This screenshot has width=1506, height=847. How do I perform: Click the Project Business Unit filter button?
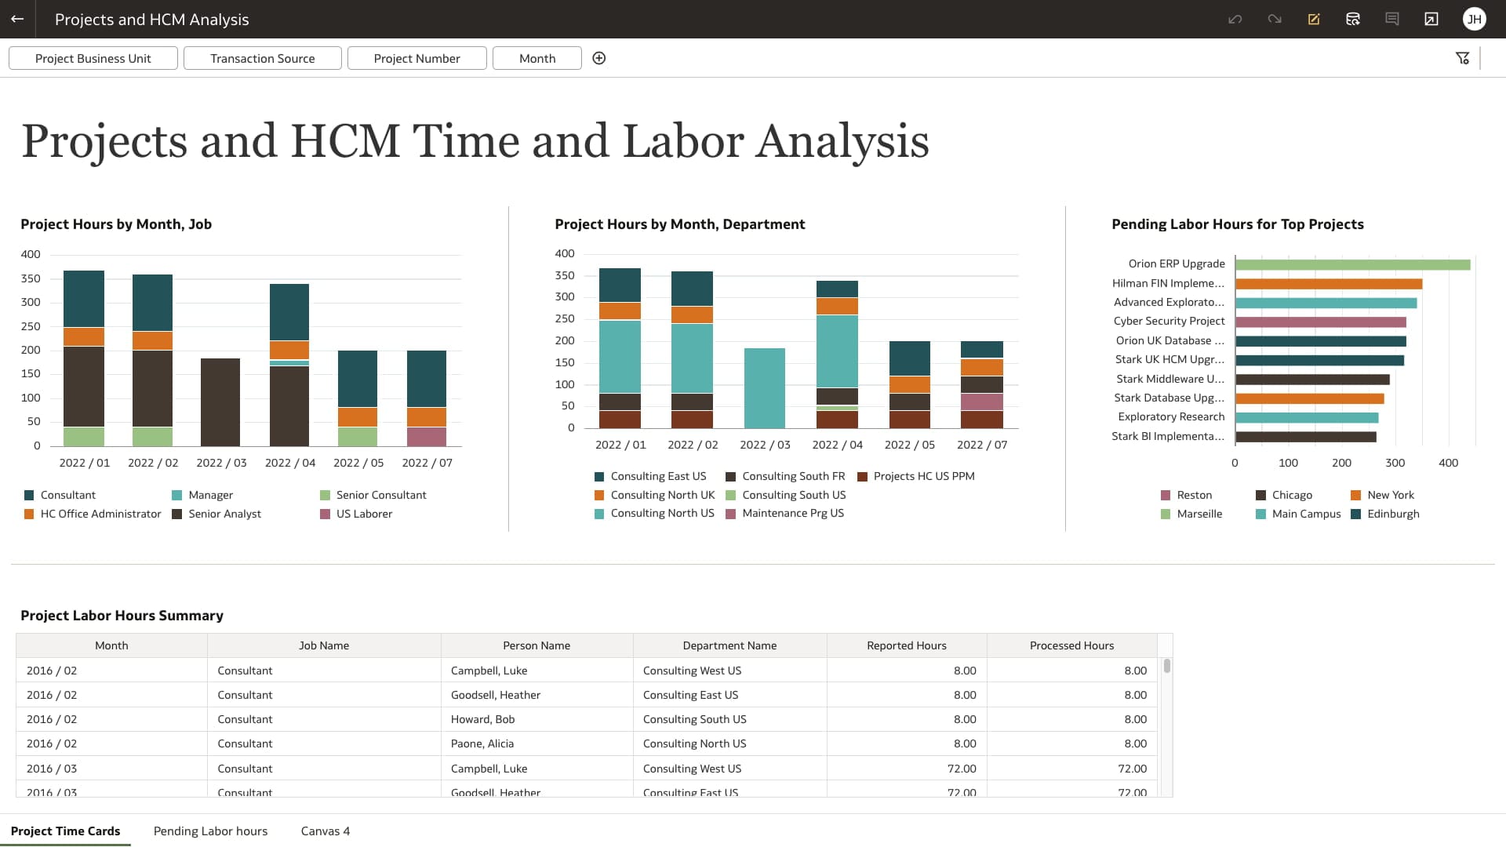tap(93, 58)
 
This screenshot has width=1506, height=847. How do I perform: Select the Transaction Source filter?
tap(262, 58)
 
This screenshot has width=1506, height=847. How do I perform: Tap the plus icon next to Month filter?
tap(598, 58)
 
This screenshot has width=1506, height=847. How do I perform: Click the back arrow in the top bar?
tap(17, 19)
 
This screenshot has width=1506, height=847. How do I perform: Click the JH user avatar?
tap(1474, 19)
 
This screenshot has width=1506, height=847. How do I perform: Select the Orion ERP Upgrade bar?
tap(1351, 264)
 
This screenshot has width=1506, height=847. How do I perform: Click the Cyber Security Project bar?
tap(1320, 322)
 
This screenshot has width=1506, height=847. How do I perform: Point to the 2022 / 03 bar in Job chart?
tap(220, 402)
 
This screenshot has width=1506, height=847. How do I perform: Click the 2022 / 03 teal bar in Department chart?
tap(764, 387)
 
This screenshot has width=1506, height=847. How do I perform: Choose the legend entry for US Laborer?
tap(363, 514)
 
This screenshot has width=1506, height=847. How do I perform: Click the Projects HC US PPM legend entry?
tap(922, 476)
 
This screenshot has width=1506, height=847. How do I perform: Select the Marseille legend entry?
tap(1199, 514)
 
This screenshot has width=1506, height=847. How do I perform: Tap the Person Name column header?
tap(537, 645)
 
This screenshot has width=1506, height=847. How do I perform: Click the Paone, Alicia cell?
tap(482, 743)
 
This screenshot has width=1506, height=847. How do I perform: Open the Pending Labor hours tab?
tap(210, 831)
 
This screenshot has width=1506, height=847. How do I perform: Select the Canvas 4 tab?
tap(325, 831)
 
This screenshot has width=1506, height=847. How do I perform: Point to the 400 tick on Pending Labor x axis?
tap(1448, 463)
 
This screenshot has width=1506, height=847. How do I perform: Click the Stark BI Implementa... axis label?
tap(1167, 436)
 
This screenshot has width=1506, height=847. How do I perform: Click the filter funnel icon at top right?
tap(1462, 58)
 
